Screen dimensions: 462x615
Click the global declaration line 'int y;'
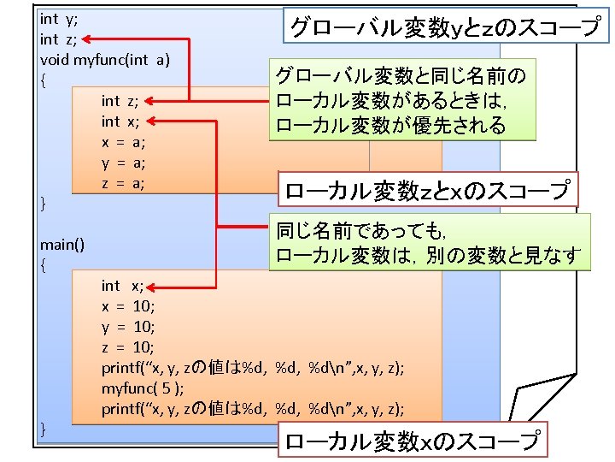(56, 18)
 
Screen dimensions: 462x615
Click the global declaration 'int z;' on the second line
(56, 38)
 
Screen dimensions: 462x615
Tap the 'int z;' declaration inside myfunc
(120, 101)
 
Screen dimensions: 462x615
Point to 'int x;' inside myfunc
(121, 121)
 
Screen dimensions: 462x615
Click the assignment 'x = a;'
(123, 142)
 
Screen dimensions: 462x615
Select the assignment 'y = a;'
(123, 163)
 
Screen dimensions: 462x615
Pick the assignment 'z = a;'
(123, 183)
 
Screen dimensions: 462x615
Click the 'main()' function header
(62, 245)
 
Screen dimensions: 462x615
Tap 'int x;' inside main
(123, 286)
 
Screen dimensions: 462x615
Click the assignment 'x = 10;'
(128, 306)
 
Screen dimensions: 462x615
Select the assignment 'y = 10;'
(128, 327)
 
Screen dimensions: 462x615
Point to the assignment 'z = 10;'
(128, 347)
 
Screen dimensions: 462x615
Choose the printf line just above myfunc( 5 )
(253, 368)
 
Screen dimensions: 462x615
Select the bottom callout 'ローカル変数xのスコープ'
(412, 441)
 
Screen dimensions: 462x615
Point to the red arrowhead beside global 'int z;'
(89, 38)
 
